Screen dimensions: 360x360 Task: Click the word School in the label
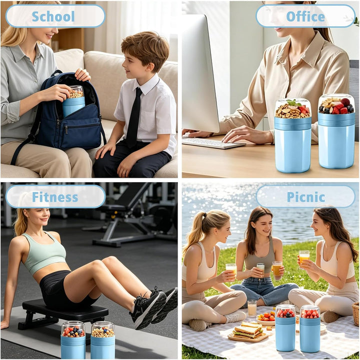[53, 16]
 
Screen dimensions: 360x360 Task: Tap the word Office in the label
[305, 16]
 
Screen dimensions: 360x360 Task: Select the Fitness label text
[55, 197]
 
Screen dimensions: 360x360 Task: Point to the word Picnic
[305, 197]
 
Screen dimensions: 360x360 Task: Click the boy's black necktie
[134, 117]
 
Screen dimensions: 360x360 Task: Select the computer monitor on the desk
[200, 73]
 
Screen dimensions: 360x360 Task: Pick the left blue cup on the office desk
[292, 135]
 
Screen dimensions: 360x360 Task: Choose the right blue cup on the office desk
[336, 131]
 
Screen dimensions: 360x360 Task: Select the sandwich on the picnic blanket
[248, 330]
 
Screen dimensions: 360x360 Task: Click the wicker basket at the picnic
[355, 314]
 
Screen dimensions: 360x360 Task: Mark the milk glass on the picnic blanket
[252, 308]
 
